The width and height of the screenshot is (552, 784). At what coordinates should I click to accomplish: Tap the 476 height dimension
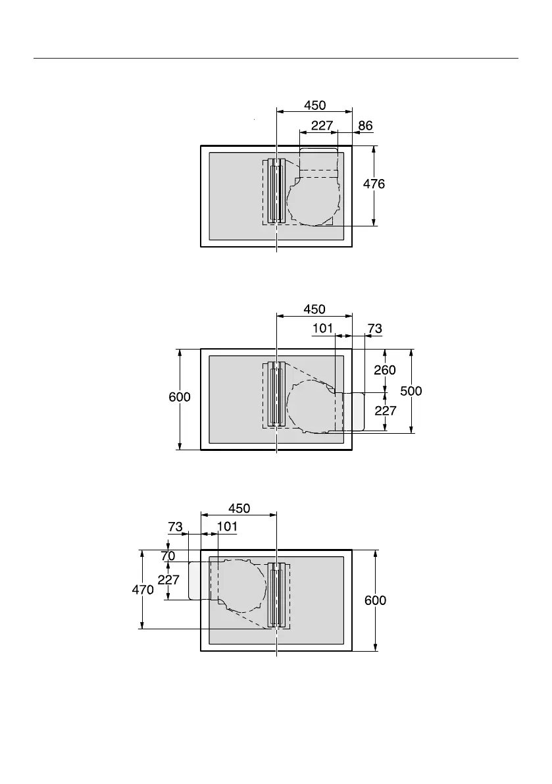point(374,185)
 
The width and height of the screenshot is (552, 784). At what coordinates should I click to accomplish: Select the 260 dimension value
point(385,370)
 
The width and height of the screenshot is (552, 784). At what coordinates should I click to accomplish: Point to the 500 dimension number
point(411,391)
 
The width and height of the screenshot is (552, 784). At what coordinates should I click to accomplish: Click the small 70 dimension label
point(168,556)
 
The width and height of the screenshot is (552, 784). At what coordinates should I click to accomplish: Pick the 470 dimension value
point(143,590)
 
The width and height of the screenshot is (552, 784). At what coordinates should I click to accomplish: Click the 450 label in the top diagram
point(314,105)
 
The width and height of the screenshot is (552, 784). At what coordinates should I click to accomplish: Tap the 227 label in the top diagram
point(322,125)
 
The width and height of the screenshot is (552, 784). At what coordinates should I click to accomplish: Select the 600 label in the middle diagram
point(180,397)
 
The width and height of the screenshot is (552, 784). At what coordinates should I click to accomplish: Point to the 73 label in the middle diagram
point(374,328)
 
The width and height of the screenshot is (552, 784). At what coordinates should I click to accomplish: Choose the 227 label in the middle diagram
point(385,411)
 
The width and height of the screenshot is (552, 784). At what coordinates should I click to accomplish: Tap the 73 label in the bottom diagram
point(176,527)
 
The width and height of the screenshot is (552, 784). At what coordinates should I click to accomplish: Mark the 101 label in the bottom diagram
point(227,527)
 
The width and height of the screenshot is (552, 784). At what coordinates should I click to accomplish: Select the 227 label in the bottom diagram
point(168,579)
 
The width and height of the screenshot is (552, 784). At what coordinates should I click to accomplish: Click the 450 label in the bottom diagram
point(239,508)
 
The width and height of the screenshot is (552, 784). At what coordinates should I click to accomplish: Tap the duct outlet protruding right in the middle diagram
point(354,411)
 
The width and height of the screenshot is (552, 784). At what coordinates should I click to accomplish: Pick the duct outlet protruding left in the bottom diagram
point(199,580)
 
